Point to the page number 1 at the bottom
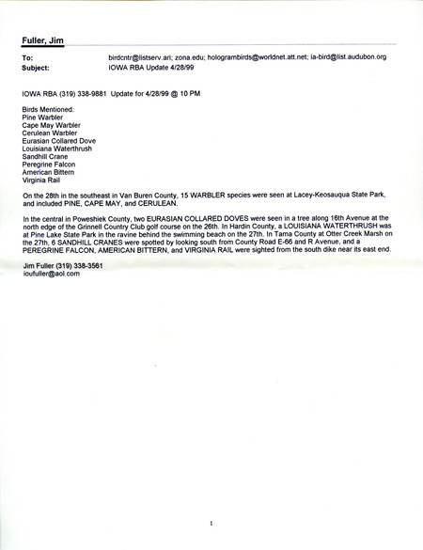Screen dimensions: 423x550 pos(212,522)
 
